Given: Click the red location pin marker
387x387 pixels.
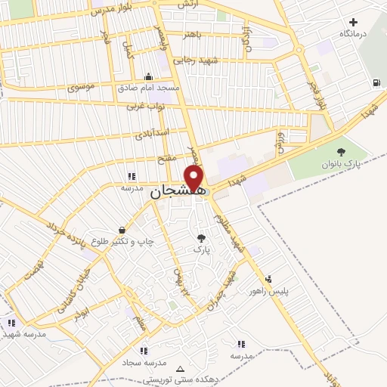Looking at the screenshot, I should coord(195,179).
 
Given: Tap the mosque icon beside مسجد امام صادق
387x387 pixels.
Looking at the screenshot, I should coord(148,76).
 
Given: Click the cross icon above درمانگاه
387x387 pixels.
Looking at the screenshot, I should coord(354,22).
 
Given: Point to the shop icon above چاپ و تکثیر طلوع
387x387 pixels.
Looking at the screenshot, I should coord(122,230).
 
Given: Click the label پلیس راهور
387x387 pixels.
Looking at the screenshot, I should coord(270,291).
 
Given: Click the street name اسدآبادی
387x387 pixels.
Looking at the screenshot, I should coord(151,134).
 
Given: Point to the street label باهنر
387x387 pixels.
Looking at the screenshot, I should coord(191,34).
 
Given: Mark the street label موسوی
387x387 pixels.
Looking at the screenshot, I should coord(81,88).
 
